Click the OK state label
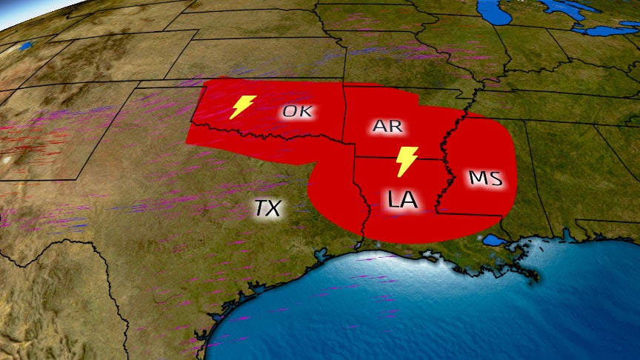coord(297,113)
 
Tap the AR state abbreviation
coord(387,126)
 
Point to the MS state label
coord(486,179)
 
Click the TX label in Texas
coord(267,208)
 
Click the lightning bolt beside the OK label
coord(243,107)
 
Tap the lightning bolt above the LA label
coord(407,161)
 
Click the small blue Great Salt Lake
coord(27,46)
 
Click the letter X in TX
coord(274,208)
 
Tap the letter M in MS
coord(478,179)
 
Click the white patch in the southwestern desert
coord(7,159)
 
